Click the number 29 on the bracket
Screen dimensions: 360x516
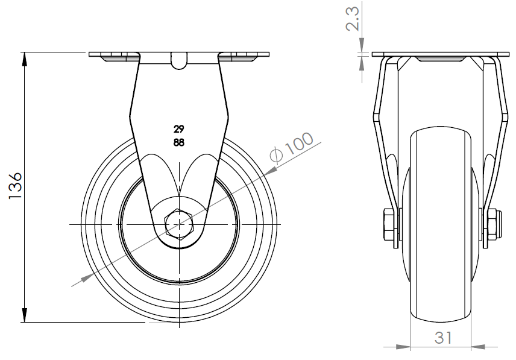pos(178,129)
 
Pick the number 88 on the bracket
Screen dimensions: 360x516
pos(178,142)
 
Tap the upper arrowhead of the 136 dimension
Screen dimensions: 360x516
pos(25,59)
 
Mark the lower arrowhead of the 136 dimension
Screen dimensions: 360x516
pos(25,316)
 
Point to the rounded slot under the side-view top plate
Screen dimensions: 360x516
pos(178,62)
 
